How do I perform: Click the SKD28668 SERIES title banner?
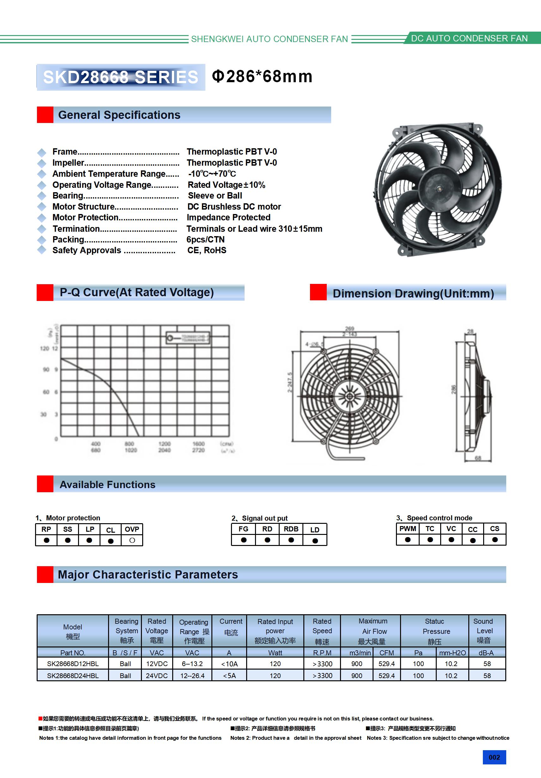click(x=121, y=77)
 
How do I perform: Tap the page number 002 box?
click(x=494, y=757)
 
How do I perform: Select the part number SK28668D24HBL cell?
click(x=73, y=675)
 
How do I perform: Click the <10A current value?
click(x=229, y=664)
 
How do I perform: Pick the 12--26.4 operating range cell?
click(x=192, y=675)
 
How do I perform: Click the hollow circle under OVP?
click(x=132, y=541)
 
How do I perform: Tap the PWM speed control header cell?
click(x=408, y=529)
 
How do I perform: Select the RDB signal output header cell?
click(x=291, y=529)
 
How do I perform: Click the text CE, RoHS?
click(x=207, y=250)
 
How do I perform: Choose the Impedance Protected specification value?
click(x=229, y=217)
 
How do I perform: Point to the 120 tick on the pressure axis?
click(x=44, y=348)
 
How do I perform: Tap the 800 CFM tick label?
click(x=130, y=444)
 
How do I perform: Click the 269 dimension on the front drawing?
click(x=350, y=328)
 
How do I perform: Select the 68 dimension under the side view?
click(x=478, y=458)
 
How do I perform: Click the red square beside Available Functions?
click(x=45, y=484)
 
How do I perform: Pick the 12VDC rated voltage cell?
click(x=157, y=664)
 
